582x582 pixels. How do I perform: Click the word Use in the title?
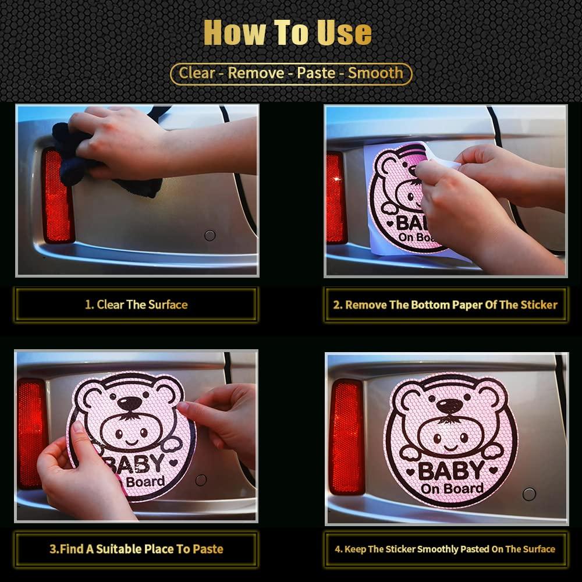344,32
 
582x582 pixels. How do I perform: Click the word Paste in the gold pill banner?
316,73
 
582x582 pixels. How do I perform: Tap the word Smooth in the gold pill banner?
375,73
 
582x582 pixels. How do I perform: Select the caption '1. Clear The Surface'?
136,305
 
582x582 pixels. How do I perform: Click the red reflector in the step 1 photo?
58,196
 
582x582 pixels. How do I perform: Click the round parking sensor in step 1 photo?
210,235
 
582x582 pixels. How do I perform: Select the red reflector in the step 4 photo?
347,437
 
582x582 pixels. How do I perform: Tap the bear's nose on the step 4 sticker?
449,405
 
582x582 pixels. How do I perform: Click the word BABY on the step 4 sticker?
452,471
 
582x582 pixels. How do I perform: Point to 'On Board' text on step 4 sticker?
452,489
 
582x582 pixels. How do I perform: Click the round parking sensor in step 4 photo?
529,494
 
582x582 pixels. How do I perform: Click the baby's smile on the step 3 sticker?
132,442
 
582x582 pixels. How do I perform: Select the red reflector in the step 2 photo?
336,198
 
